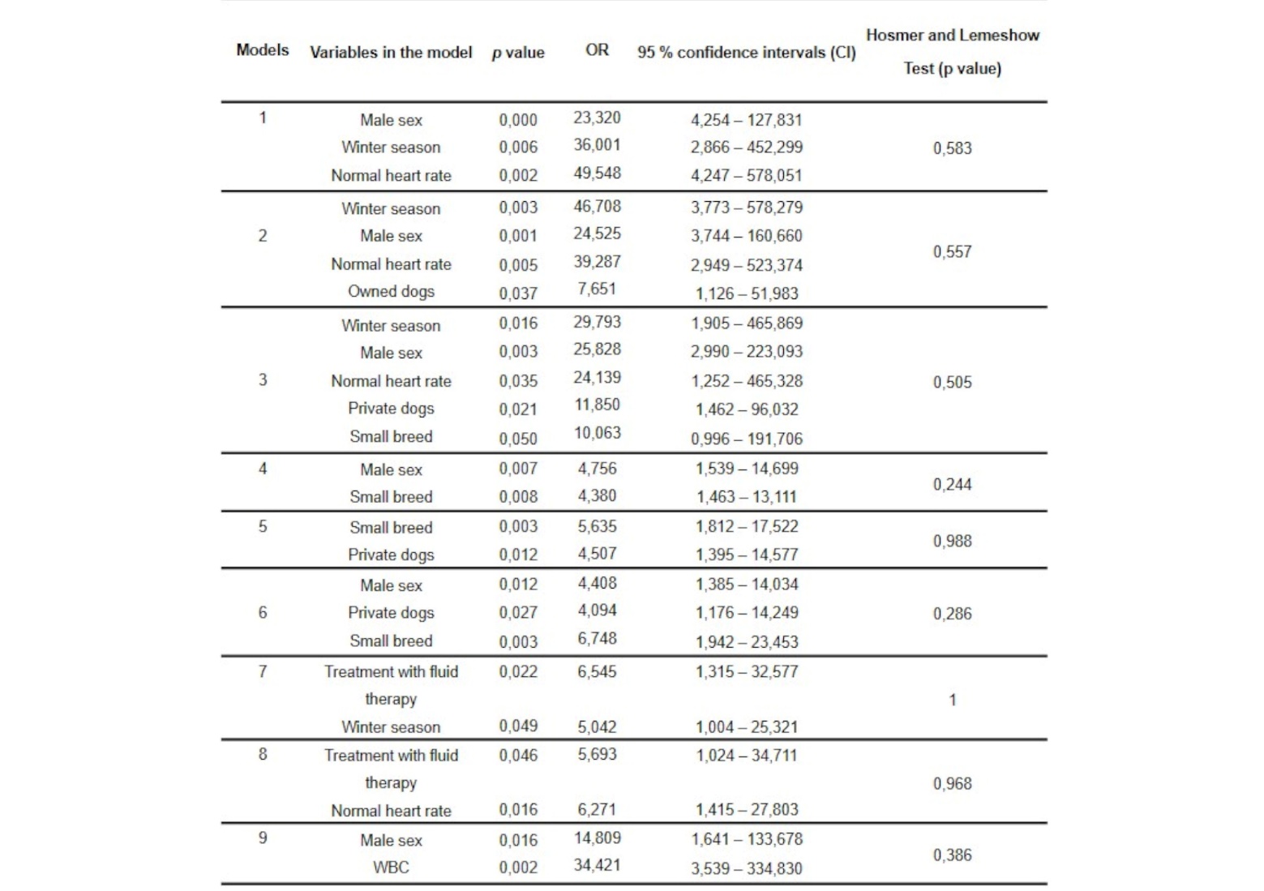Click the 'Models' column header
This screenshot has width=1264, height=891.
[262, 50]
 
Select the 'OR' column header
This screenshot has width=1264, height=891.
[597, 50]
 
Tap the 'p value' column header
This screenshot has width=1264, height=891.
[518, 53]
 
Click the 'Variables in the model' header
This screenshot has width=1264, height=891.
[391, 53]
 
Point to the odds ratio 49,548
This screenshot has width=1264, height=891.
[597, 173]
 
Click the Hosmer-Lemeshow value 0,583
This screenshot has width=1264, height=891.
[952, 148]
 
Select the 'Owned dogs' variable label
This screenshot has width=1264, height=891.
[391, 291]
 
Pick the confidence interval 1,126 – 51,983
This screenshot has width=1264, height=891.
[747, 293]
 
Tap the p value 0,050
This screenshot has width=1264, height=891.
[518, 439]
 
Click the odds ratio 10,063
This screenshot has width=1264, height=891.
[597, 433]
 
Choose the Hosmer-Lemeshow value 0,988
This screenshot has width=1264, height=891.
[952, 541]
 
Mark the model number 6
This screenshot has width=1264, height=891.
[262, 613]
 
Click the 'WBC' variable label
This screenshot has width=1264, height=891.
[391, 867]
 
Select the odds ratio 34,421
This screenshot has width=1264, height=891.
[597, 865]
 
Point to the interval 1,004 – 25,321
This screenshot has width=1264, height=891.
[747, 727]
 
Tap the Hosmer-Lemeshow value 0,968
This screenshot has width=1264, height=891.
[952, 784]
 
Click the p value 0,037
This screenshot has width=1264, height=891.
[518, 293]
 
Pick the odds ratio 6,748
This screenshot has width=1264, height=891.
[597, 639]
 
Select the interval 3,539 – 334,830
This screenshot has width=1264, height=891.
[747, 868]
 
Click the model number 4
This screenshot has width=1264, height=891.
[262, 469]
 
